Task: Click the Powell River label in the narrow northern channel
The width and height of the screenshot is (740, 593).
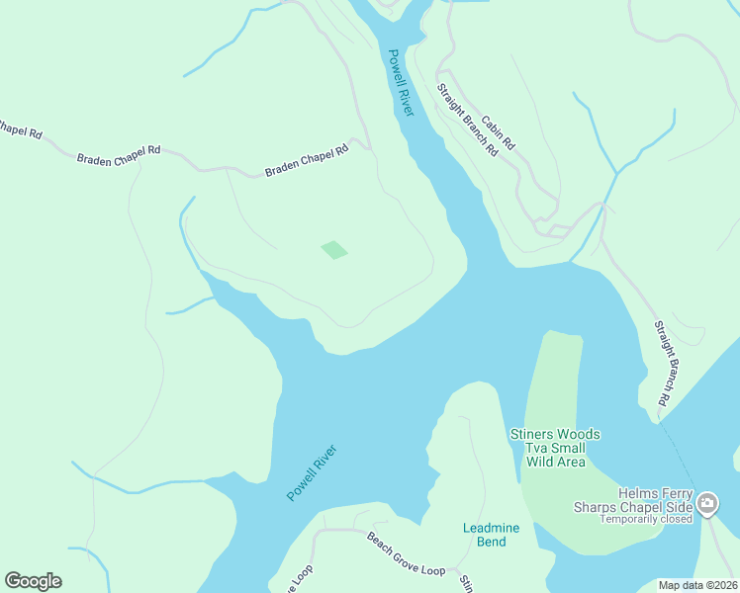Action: (401, 83)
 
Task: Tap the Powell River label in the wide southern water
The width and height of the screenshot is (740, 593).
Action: (313, 472)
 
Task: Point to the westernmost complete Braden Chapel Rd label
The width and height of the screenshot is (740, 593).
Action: (119, 154)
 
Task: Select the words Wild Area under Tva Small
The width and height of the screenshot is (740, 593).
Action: (555, 462)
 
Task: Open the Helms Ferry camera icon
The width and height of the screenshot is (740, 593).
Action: (707, 505)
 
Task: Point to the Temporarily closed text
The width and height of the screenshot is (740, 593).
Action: (646, 519)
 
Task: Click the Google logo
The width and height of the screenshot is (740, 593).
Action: (33, 581)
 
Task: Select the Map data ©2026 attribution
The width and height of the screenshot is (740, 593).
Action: (697, 585)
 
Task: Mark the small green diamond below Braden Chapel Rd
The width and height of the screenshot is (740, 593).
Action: (334, 250)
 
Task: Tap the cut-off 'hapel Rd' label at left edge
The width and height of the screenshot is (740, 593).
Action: (20, 129)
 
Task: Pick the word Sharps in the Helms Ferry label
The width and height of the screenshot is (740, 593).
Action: (593, 507)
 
